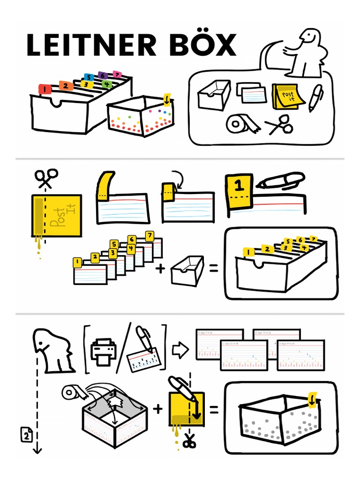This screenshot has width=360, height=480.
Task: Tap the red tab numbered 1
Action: (x=45, y=88)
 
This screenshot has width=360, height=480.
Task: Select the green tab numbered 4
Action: (x=107, y=85)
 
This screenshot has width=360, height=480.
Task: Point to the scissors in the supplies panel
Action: (x=279, y=126)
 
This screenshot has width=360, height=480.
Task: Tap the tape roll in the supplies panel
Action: (x=238, y=124)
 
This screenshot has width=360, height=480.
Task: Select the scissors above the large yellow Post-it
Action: (x=46, y=178)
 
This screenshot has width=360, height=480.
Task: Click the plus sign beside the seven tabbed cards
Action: (x=161, y=269)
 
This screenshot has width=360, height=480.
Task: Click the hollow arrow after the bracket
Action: (x=180, y=349)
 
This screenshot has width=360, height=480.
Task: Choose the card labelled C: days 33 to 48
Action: (x=243, y=355)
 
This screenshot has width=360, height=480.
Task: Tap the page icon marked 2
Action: (x=26, y=435)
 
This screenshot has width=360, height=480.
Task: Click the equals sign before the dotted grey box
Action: (x=214, y=410)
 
